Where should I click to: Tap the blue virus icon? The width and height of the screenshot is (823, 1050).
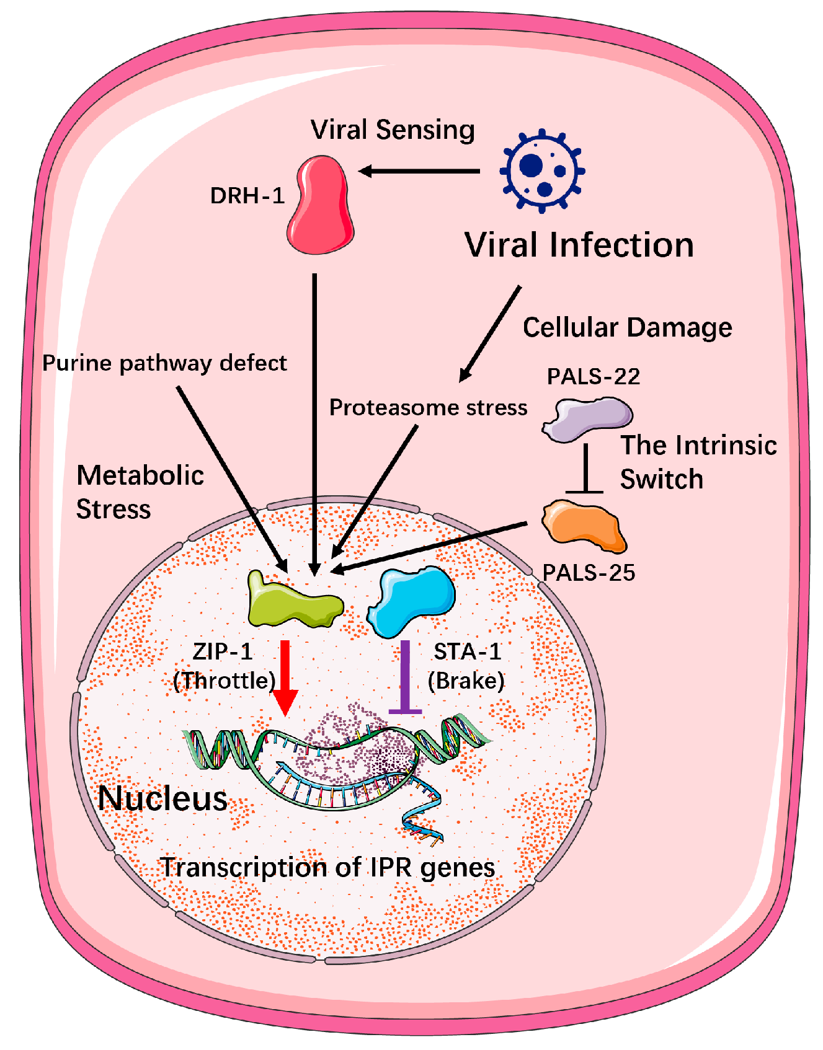click(542, 170)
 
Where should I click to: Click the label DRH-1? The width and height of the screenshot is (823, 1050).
click(247, 196)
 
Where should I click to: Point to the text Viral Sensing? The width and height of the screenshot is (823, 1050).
click(393, 130)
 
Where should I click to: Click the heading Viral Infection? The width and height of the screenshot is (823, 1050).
click(579, 245)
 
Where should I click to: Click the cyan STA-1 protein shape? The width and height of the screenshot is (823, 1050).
click(412, 599)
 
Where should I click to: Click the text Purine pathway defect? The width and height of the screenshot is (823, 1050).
click(164, 363)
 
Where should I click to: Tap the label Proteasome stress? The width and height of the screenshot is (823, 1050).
click(428, 407)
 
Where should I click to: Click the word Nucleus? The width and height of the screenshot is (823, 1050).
click(162, 798)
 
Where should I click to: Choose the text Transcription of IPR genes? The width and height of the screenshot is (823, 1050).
click(328, 867)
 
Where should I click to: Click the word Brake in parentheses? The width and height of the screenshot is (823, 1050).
click(466, 681)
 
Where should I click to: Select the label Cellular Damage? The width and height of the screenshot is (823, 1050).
click(627, 327)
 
